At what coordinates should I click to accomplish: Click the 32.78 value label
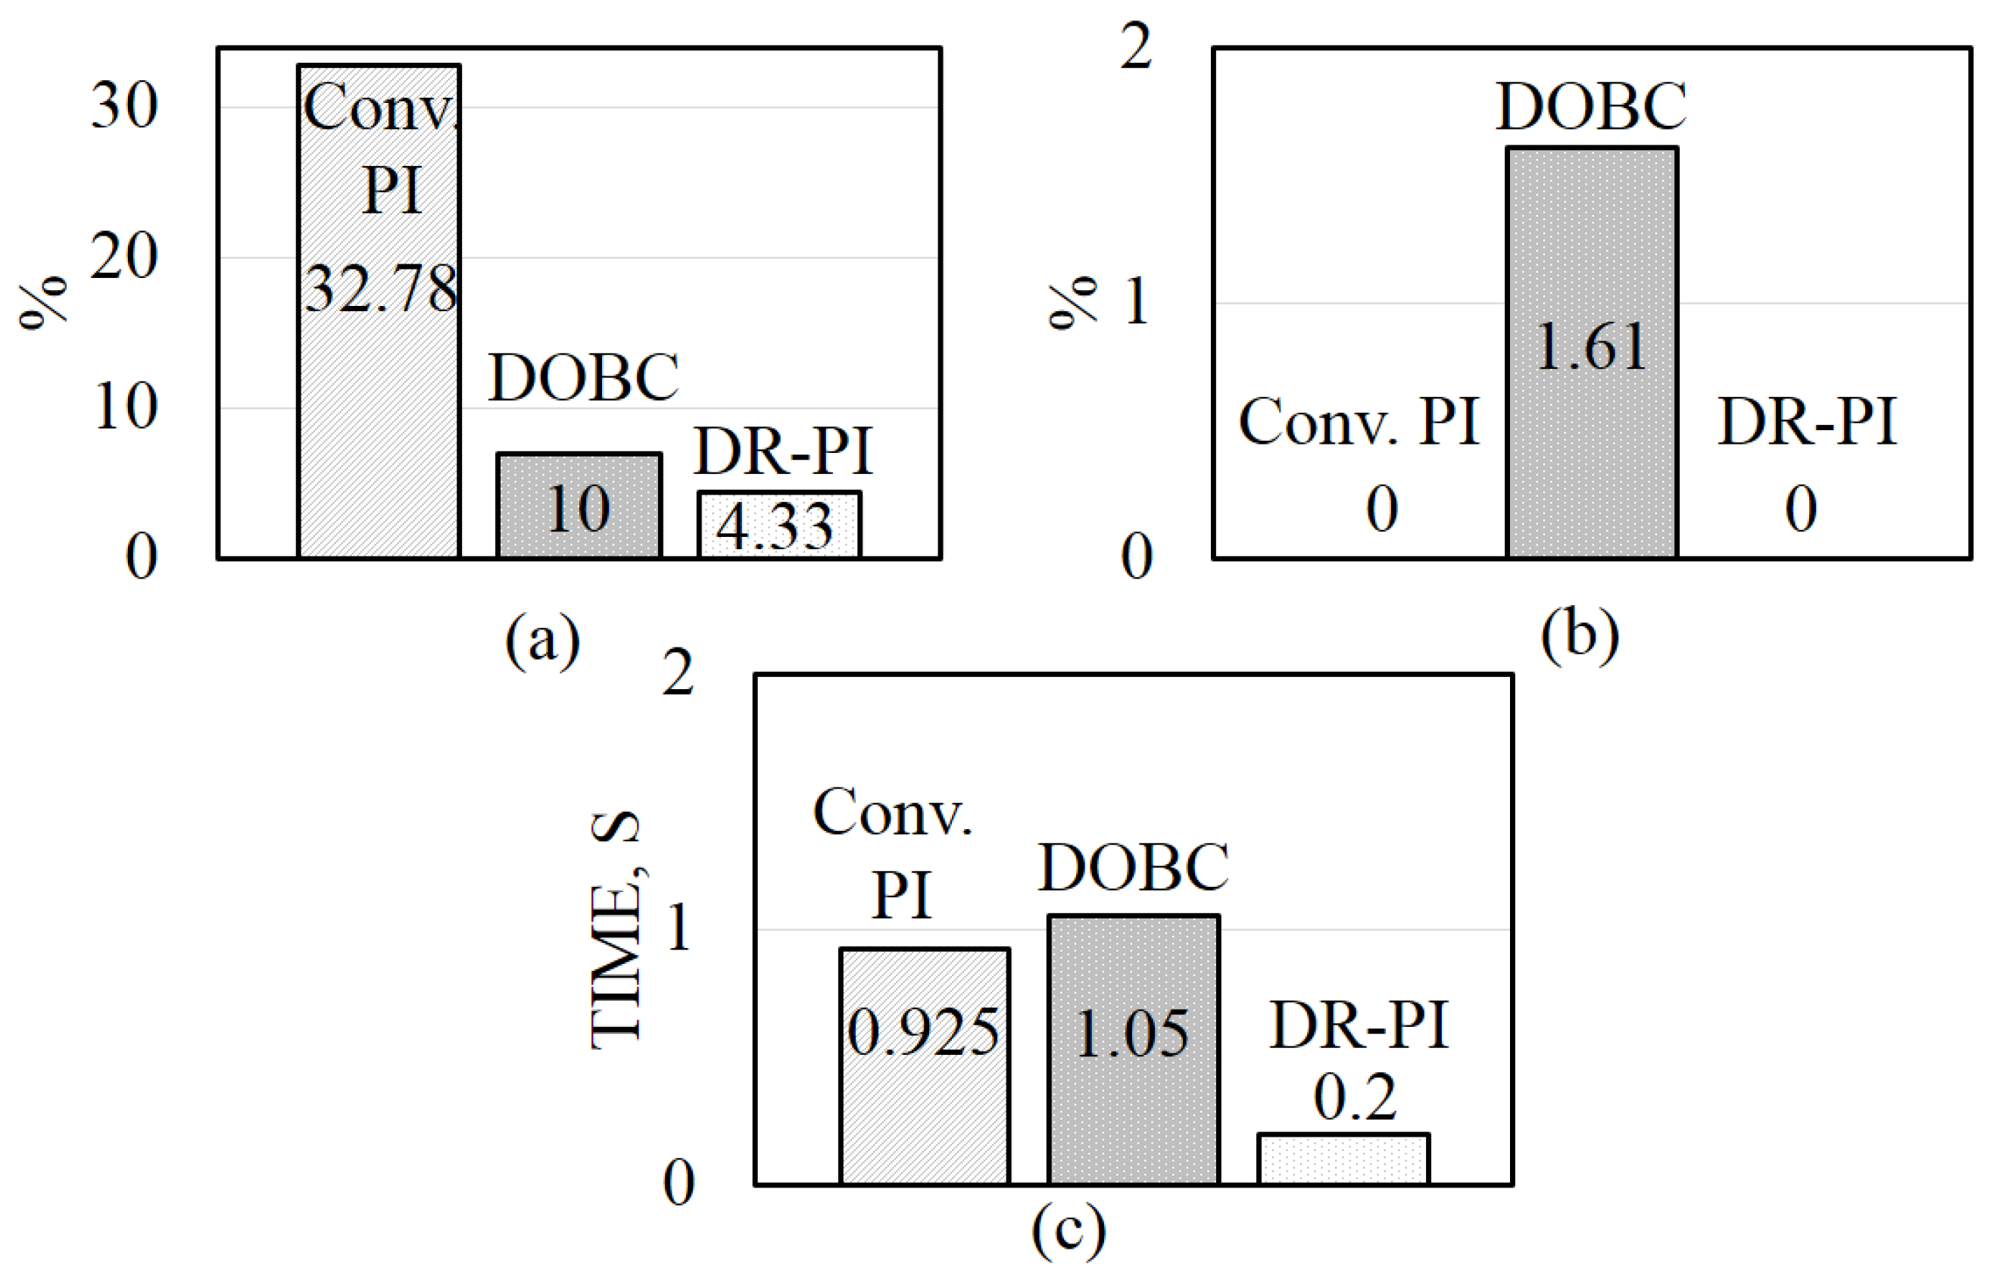click(381, 288)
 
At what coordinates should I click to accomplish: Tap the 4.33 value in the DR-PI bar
click(775, 526)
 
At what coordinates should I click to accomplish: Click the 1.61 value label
click(1591, 346)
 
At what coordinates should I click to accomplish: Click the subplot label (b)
click(1580, 635)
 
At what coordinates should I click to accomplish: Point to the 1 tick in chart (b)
click(1136, 301)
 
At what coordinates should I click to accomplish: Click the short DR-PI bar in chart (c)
click(1343, 1159)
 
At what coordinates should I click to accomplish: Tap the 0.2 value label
click(1355, 1097)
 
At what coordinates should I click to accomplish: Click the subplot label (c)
click(1069, 1229)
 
